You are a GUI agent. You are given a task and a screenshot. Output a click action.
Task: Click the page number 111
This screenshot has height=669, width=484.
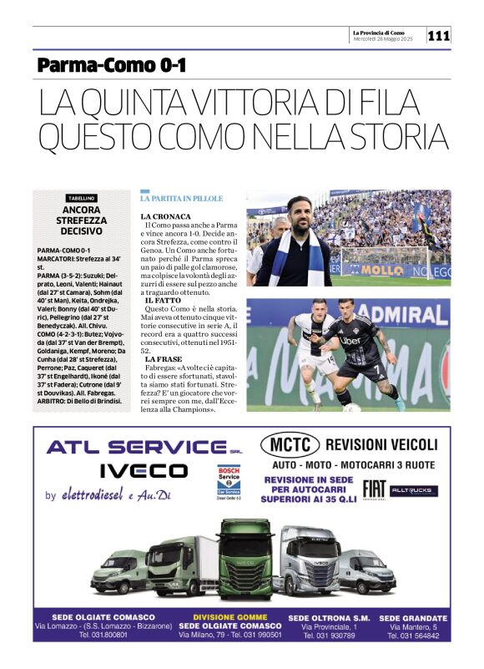pos(439,36)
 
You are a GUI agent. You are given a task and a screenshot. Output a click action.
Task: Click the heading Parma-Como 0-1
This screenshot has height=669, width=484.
pos(112,64)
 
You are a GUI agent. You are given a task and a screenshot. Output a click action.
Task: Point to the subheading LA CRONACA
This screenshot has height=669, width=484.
pos(165,216)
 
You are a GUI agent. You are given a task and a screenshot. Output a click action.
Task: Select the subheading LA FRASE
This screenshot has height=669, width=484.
pos(162,359)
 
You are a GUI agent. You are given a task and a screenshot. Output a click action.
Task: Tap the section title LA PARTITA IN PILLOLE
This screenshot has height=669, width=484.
pos(182,199)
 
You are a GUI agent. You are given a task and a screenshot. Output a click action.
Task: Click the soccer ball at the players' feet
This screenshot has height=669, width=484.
pos(351,408)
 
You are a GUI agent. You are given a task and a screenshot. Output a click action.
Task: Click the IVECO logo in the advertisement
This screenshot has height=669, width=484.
pos(144,470)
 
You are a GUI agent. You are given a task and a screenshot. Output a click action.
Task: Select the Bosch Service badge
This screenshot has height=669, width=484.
pos(228,482)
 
